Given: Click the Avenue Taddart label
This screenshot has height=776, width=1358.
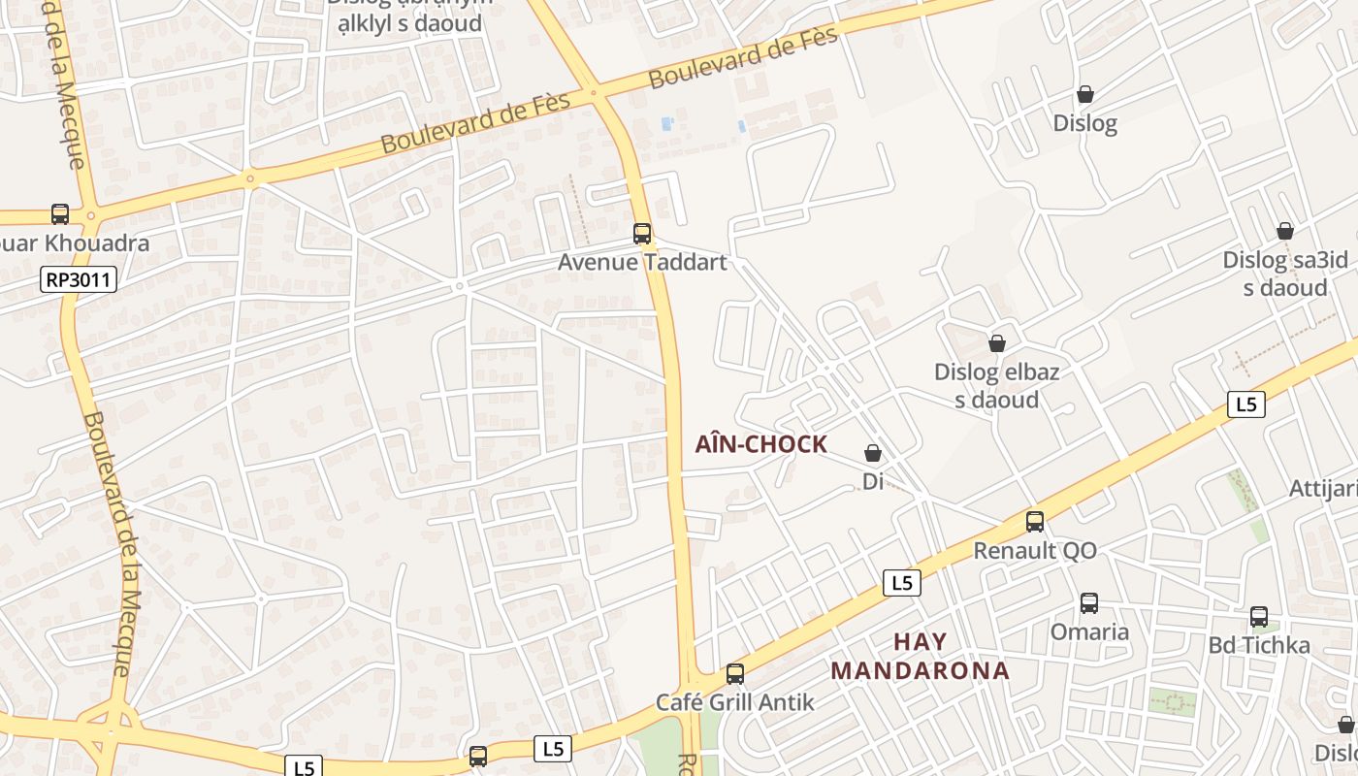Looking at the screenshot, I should pyautogui.click(x=642, y=262).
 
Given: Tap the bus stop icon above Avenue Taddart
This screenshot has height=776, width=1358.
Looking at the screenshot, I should pyautogui.click(x=642, y=233).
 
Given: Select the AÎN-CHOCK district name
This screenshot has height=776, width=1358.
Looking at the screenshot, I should pyautogui.click(x=761, y=444).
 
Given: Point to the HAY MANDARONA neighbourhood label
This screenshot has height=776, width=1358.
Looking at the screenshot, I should pyautogui.click(x=920, y=657).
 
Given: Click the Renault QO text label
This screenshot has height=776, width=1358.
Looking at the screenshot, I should pyautogui.click(x=1035, y=551).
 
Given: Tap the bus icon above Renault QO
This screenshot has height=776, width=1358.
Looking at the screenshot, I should pyautogui.click(x=1035, y=522).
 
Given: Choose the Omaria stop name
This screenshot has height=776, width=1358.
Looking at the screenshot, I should pyautogui.click(x=1089, y=632).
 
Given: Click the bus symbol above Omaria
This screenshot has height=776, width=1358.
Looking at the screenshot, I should pyautogui.click(x=1089, y=603).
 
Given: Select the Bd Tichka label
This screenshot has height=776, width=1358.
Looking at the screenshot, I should pyautogui.click(x=1259, y=645).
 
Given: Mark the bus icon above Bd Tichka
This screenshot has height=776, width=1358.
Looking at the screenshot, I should pyautogui.click(x=1259, y=616).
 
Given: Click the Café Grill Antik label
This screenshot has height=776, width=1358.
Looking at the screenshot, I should pyautogui.click(x=735, y=702).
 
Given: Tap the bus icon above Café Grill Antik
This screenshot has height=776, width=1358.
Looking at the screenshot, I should pyautogui.click(x=735, y=673).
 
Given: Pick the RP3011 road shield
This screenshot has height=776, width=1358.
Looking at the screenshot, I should pyautogui.click(x=79, y=280).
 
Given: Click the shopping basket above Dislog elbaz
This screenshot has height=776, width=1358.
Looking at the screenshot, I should pyautogui.click(x=996, y=343).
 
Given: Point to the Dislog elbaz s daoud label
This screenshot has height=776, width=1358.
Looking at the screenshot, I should pyautogui.click(x=996, y=386).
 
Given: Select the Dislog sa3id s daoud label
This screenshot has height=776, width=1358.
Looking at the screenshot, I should pyautogui.click(x=1285, y=274).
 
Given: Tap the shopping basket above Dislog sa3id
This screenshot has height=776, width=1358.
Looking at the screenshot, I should pyautogui.click(x=1285, y=231).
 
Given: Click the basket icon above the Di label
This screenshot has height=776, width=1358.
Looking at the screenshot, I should pyautogui.click(x=873, y=453).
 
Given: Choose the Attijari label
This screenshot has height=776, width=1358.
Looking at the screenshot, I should pyautogui.click(x=1324, y=488).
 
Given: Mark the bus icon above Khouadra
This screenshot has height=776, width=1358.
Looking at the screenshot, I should pyautogui.click(x=60, y=214).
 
